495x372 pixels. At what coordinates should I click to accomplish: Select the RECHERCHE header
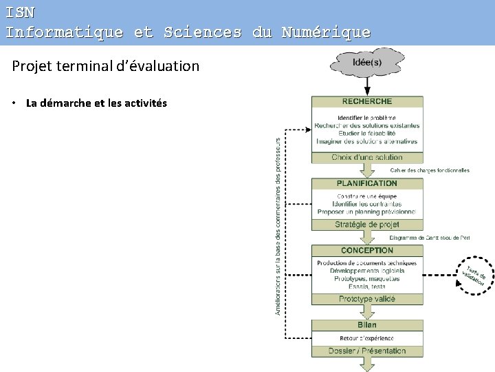point(367,101)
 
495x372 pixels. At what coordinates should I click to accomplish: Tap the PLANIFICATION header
point(367,184)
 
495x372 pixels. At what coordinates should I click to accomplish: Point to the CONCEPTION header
point(367,251)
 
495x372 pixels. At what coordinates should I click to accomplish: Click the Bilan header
point(367,325)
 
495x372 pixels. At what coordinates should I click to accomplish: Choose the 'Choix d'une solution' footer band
point(367,158)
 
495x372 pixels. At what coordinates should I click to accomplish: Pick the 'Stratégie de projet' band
point(367,225)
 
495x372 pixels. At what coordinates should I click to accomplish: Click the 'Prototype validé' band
point(367,299)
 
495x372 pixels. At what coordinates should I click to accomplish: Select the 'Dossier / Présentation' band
point(367,351)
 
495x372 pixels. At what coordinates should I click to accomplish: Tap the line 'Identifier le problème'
point(367,118)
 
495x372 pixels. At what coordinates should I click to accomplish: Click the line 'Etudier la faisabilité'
point(367,134)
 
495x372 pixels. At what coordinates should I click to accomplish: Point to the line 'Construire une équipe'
point(367,196)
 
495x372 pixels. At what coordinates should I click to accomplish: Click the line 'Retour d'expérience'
point(367,338)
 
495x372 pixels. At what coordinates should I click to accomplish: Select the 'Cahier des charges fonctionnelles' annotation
point(430,170)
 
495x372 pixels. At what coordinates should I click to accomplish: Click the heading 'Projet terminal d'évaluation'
point(106,66)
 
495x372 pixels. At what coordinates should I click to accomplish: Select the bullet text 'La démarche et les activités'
point(96,103)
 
